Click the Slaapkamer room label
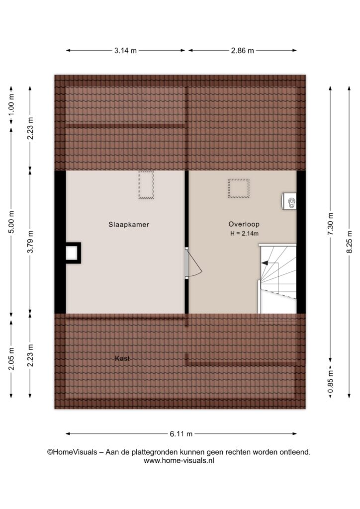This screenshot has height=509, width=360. (x=129, y=224)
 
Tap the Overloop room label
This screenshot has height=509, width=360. (x=244, y=224)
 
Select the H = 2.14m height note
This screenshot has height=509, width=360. (x=244, y=233)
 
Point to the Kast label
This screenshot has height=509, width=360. (x=122, y=358)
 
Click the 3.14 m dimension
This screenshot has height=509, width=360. (x=125, y=51)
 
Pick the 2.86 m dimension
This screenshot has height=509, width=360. (x=243, y=51)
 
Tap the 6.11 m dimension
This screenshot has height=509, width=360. (x=181, y=433)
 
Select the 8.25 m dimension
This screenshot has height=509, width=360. (x=349, y=242)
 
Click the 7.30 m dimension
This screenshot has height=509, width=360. (x=331, y=224)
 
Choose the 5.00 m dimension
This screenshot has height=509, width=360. (x=11, y=222)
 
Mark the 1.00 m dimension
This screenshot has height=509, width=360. (x=11, y=104)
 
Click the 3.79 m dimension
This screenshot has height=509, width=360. (x=30, y=242)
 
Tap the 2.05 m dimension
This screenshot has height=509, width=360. (x=11, y=358)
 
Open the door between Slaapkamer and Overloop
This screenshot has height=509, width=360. (x=193, y=263)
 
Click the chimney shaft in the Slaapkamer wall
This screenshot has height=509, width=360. (x=73, y=253)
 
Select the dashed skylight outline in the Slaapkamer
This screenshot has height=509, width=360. (x=146, y=184)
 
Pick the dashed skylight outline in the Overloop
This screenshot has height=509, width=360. (x=239, y=188)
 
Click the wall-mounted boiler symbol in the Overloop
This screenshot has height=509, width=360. (x=289, y=201)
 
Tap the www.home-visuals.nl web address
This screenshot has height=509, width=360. (x=179, y=460)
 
